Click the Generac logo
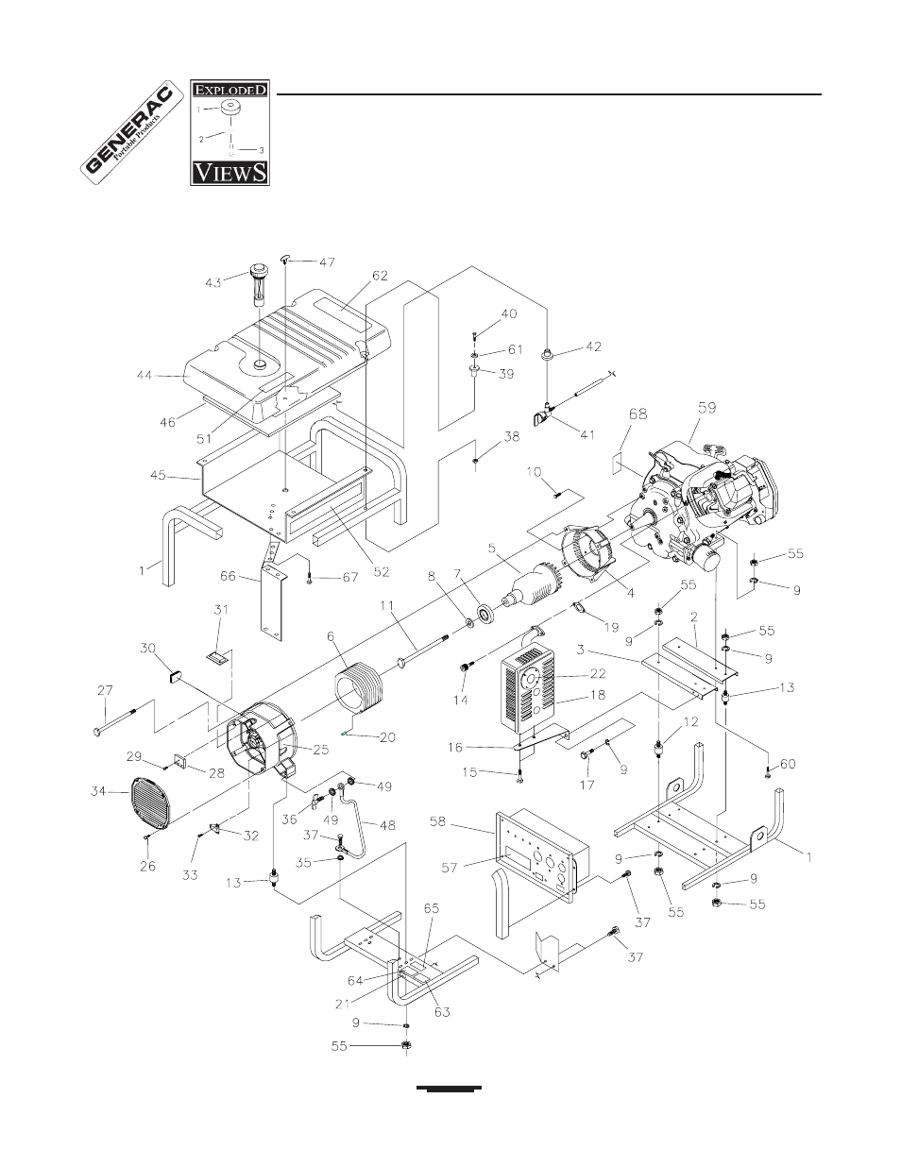click(x=128, y=134)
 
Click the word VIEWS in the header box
click(x=229, y=172)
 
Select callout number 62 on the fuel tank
click(x=380, y=276)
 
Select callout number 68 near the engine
click(x=638, y=414)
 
